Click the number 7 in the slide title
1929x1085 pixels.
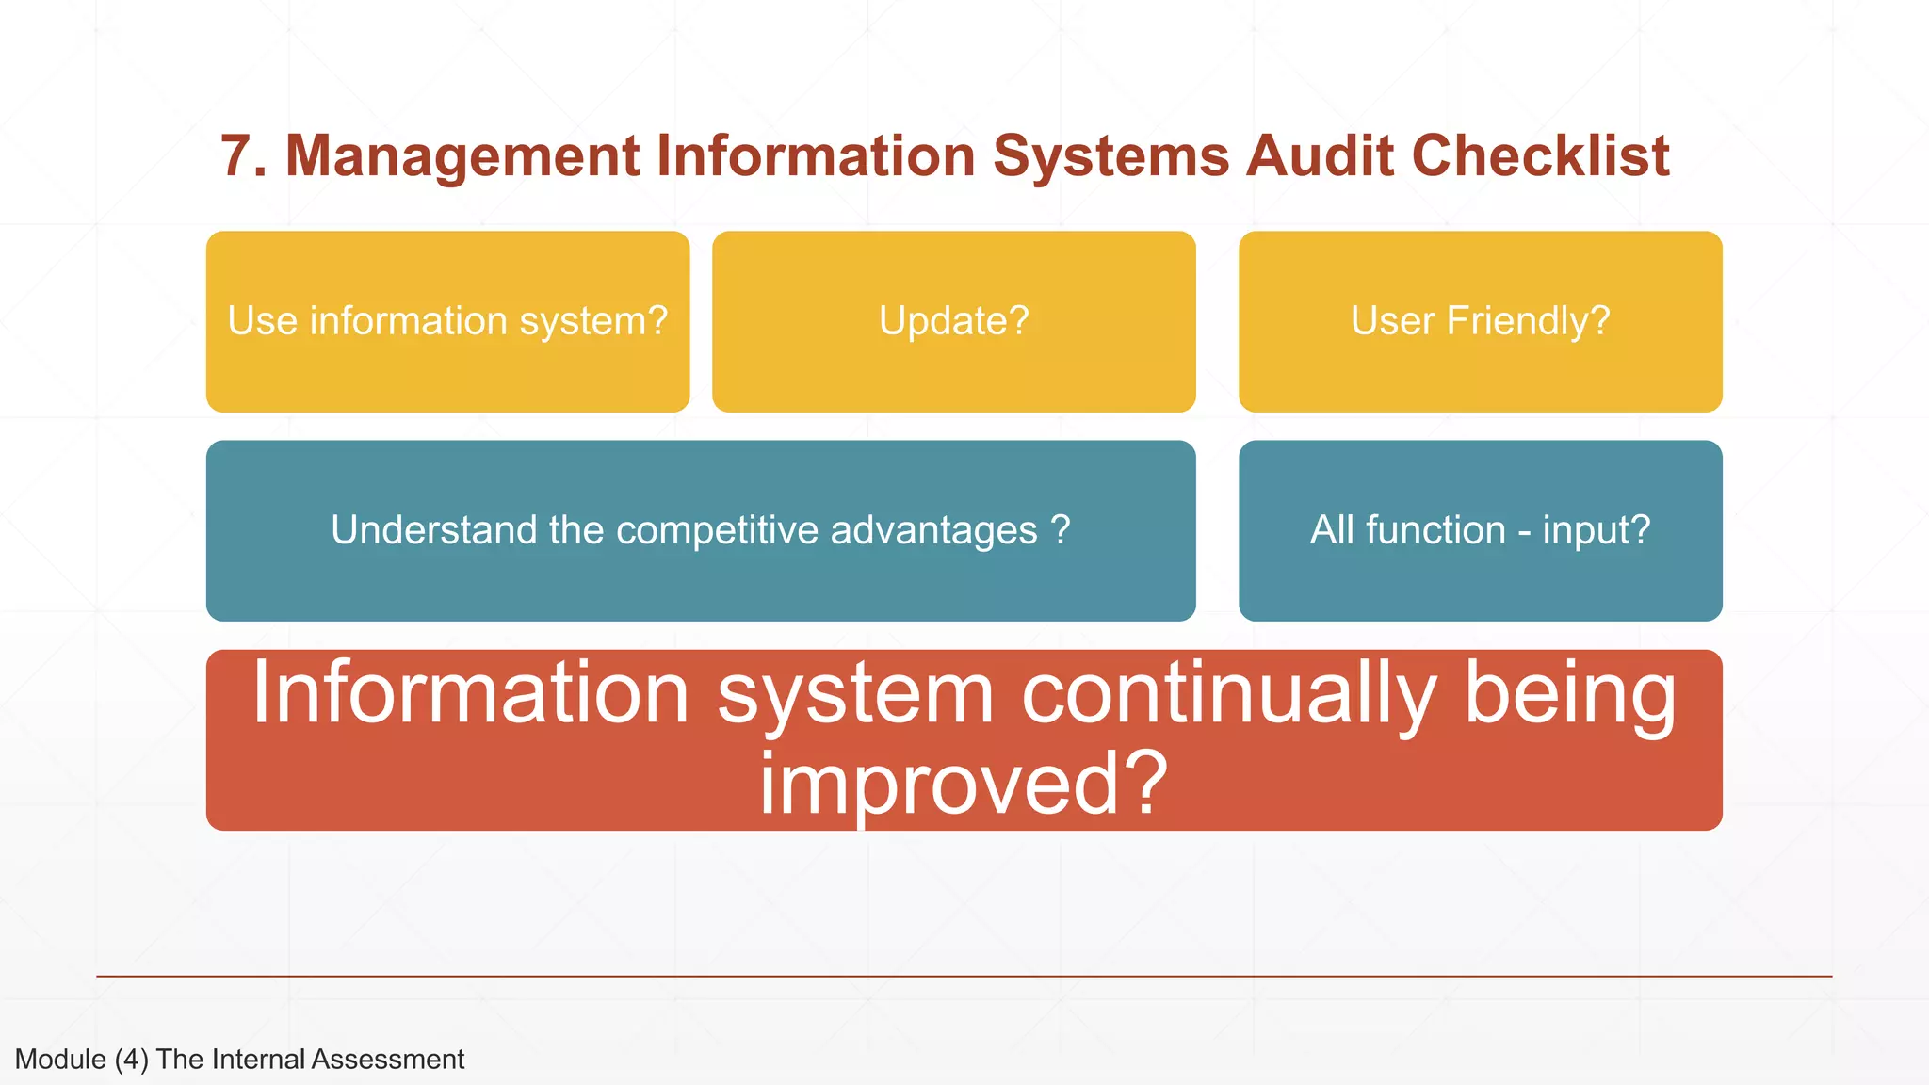(x=237, y=156)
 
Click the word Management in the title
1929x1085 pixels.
(x=462, y=156)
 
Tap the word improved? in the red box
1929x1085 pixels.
(x=963, y=784)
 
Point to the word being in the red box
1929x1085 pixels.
(x=1569, y=693)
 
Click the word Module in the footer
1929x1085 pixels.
(x=60, y=1060)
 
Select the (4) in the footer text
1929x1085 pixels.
(x=132, y=1060)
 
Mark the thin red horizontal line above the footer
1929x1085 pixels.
(x=964, y=977)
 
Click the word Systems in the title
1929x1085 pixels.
(x=1111, y=156)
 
